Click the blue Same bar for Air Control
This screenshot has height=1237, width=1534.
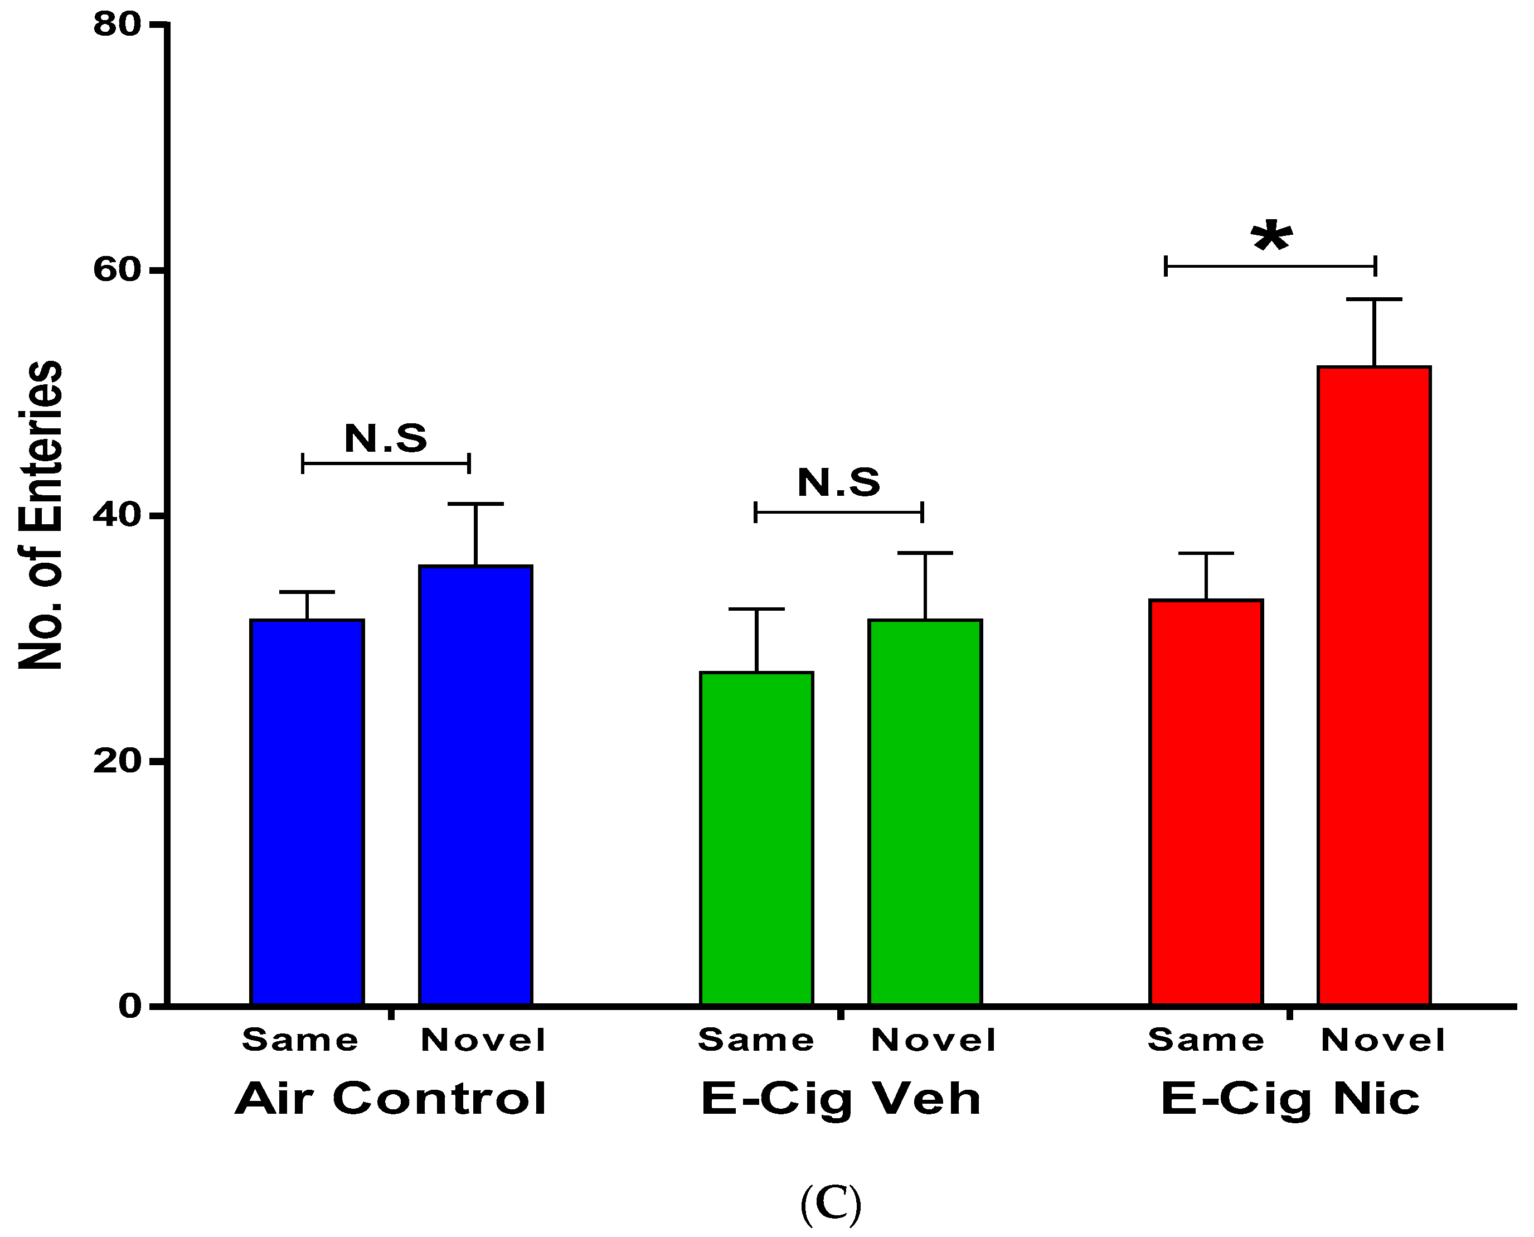pyautogui.click(x=307, y=813)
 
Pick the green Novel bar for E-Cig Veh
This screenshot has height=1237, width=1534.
pyautogui.click(x=925, y=813)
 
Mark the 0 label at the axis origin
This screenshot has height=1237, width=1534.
pyautogui.click(x=131, y=1006)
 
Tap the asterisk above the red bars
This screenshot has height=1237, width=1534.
pyautogui.click(x=1272, y=239)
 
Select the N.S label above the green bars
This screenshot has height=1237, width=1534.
pyautogui.click(x=838, y=482)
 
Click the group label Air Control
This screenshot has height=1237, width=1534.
pyautogui.click(x=391, y=1099)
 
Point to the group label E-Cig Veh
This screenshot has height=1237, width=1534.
pyautogui.click(x=841, y=1099)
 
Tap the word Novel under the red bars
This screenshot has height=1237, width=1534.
pyautogui.click(x=1383, y=1040)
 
